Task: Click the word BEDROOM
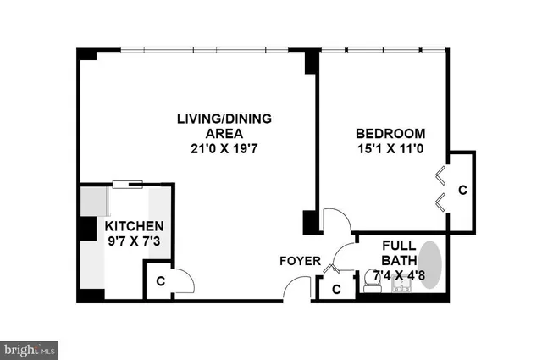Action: coord(390,133)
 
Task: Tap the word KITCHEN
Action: coord(134,226)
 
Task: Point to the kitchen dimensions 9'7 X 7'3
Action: coord(134,241)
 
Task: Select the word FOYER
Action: coord(300,261)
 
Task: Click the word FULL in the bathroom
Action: coord(395,244)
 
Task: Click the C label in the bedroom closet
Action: coord(462,190)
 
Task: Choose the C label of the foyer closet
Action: coord(336,289)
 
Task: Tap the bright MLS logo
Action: coord(30,348)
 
